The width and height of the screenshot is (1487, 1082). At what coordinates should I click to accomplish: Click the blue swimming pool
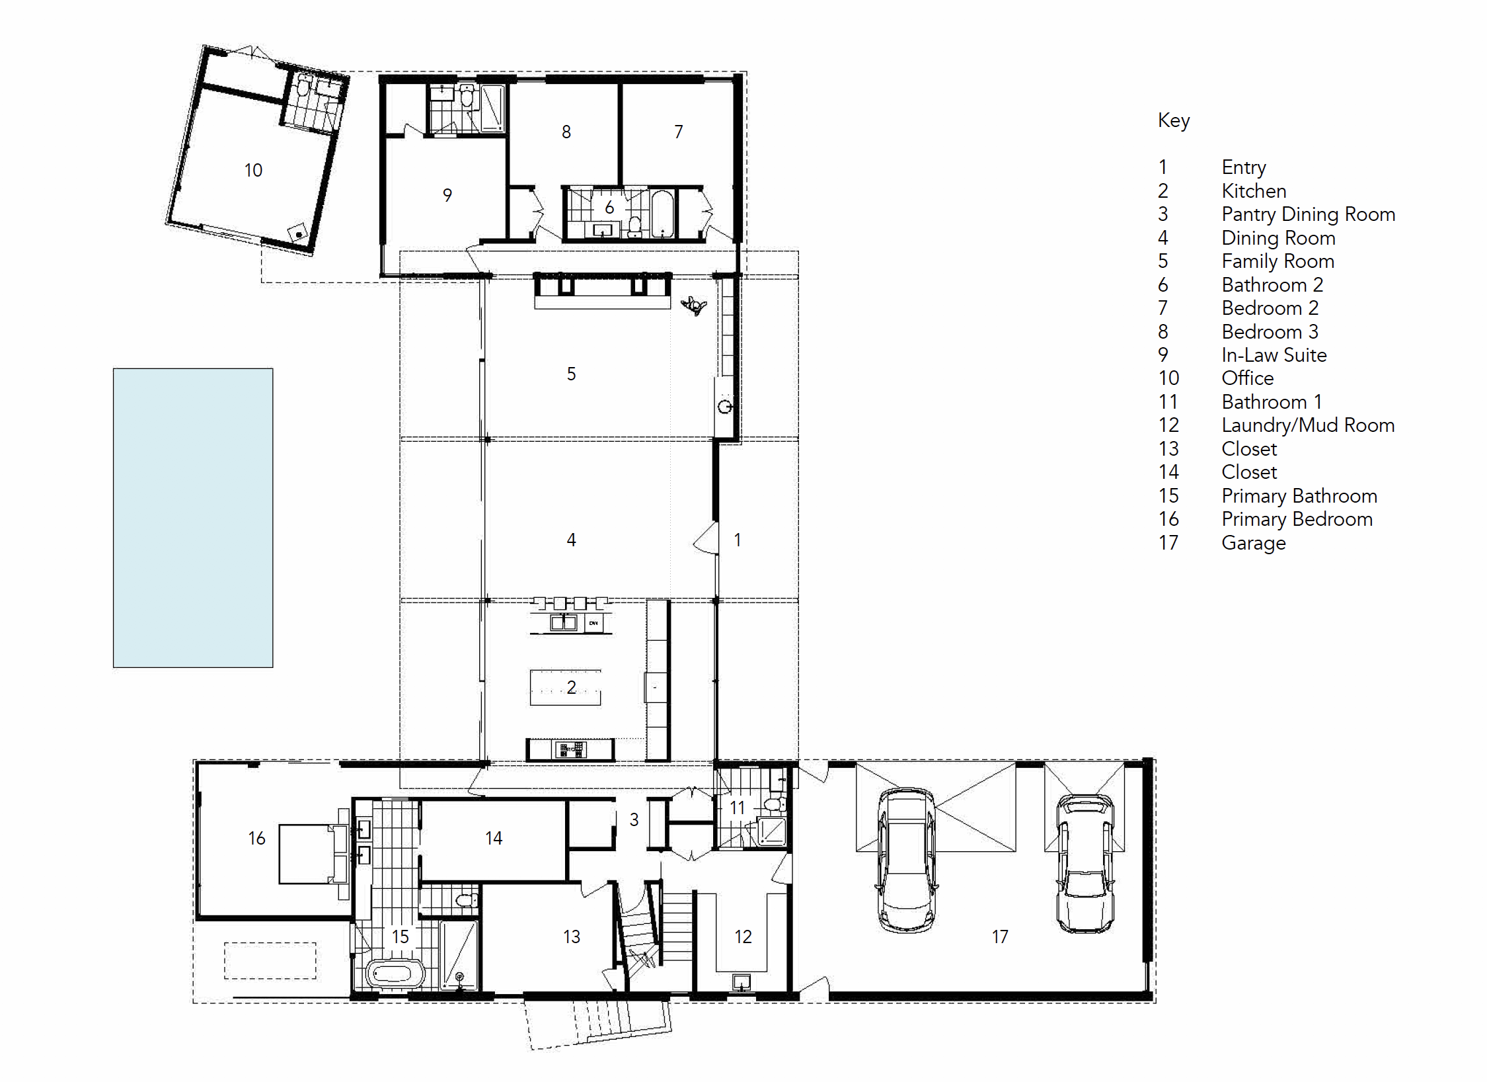coord(193,518)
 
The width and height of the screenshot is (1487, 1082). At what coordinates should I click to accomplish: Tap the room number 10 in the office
coord(253,171)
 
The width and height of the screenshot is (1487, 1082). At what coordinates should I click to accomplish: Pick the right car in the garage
coord(1085,863)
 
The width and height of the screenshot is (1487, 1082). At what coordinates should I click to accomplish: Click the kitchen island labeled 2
coord(566,688)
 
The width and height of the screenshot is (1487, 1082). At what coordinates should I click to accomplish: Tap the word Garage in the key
coord(1253,543)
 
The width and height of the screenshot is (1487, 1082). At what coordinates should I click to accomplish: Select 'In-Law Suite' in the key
coord(1274,355)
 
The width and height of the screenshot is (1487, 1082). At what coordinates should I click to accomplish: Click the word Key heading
coord(1174,120)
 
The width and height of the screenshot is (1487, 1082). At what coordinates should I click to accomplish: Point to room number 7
coord(679,132)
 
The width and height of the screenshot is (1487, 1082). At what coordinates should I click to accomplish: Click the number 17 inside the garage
coord(1000,936)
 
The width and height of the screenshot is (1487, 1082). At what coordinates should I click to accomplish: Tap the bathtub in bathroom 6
coord(662,214)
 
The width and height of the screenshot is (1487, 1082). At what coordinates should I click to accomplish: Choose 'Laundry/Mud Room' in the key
coord(1308,425)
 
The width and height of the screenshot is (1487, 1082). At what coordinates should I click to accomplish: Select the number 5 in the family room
coord(572,374)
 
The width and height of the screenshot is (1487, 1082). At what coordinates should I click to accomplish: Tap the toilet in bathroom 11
coord(773,804)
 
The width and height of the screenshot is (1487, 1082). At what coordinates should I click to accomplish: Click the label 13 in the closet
coord(572,936)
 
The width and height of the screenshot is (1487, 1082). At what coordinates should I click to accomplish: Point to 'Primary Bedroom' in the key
coord(1297,520)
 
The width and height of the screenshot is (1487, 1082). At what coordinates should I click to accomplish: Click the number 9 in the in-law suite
coord(447,195)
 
